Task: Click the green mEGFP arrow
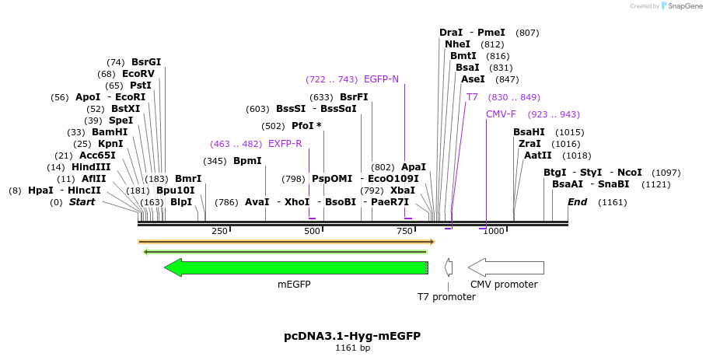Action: coord(295,267)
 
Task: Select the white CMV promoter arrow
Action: coord(505,267)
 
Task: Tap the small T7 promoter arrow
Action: coord(449,267)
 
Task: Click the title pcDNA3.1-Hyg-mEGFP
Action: coord(352,336)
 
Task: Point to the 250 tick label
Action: coord(219,231)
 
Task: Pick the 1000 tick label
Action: coord(493,231)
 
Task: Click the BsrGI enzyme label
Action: coord(146,62)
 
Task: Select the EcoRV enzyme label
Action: coord(138,74)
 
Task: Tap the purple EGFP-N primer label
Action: coord(381,79)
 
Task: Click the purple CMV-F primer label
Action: coord(501,114)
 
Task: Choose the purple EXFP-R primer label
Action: coord(285,144)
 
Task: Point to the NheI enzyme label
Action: coord(457,44)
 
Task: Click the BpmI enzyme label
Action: coord(247,161)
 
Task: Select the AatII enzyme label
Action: coord(538,156)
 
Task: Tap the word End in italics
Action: coord(577,202)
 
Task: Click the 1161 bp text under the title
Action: coord(352,348)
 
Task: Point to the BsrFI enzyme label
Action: coord(354,97)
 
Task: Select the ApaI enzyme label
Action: coord(414,167)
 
